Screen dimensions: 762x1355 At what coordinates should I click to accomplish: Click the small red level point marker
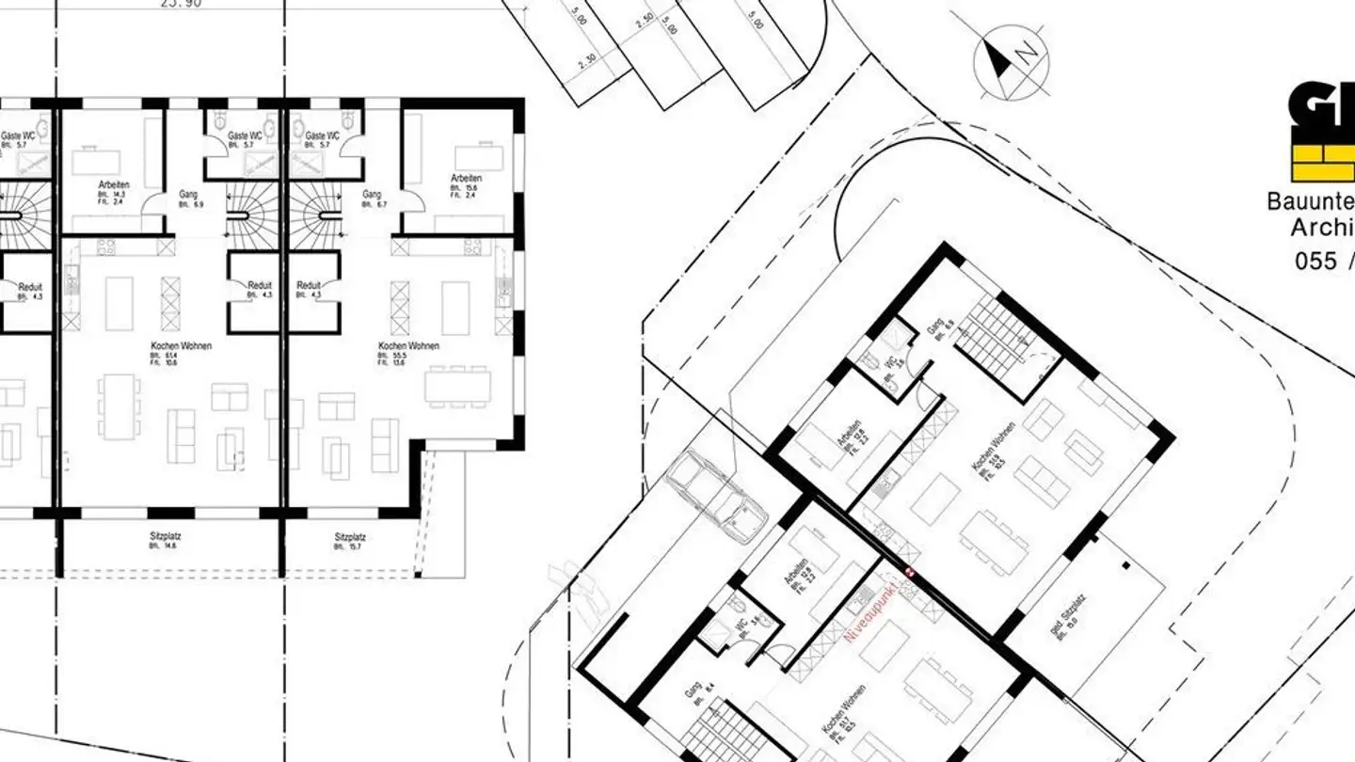point(909,571)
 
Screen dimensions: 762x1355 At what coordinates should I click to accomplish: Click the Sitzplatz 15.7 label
point(350,541)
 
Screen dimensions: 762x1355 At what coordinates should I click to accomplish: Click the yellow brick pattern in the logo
point(1323,162)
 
